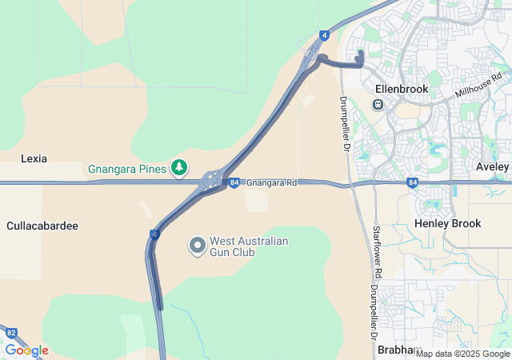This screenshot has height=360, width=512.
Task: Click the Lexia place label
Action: (x=34, y=158)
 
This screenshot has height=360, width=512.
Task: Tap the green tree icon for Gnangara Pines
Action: (x=180, y=168)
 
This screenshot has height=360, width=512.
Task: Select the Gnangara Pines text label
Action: (x=126, y=169)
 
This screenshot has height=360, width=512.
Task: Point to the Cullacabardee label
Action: (x=42, y=226)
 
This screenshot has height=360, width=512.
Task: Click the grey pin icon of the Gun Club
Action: (x=198, y=246)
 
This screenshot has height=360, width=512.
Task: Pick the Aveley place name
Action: (x=492, y=166)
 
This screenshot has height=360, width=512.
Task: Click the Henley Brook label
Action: (x=448, y=223)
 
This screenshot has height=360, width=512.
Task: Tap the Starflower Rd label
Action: (x=377, y=252)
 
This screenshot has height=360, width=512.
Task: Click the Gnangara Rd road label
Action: (x=271, y=183)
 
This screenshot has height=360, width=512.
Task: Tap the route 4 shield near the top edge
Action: (x=324, y=35)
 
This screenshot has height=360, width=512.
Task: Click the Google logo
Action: (x=26, y=350)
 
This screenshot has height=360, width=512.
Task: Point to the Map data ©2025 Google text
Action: (x=463, y=354)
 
